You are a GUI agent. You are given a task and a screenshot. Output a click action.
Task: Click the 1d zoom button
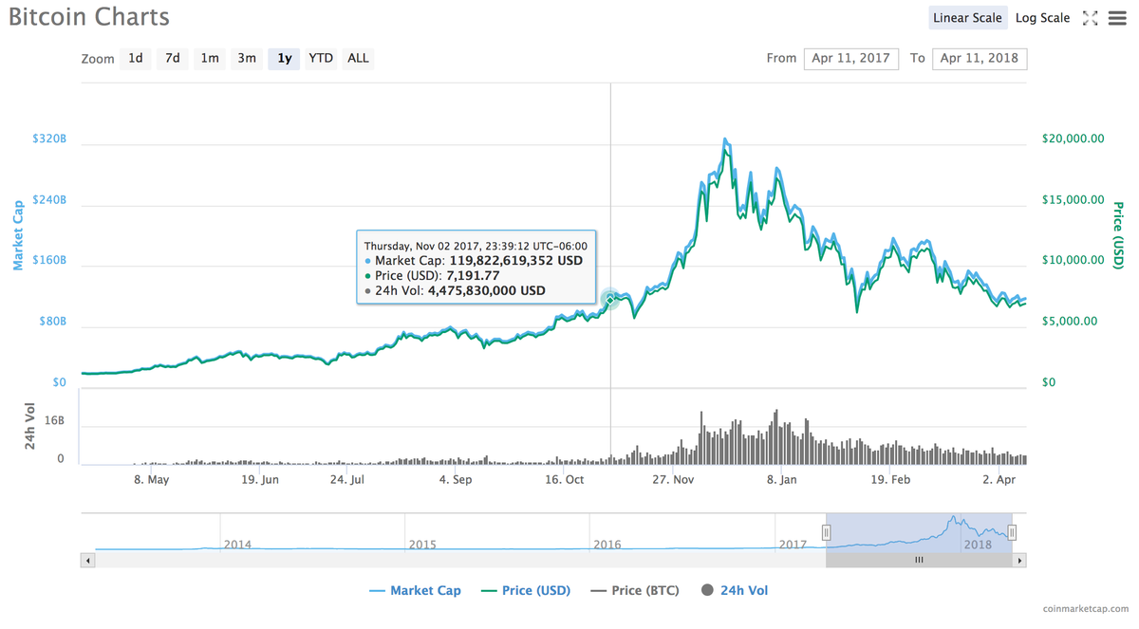tap(136, 58)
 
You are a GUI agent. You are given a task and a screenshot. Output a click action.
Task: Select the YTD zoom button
tap(321, 58)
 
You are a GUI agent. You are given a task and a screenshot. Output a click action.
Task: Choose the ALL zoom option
tap(358, 58)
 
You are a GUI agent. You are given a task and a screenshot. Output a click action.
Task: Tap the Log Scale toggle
tap(1042, 18)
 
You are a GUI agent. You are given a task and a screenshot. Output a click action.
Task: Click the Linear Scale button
tap(967, 18)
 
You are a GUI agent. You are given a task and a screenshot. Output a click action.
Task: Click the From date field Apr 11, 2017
tap(850, 58)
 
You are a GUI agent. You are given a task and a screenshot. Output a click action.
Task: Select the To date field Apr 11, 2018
tap(979, 58)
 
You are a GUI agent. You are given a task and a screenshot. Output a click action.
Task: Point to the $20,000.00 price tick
tap(1073, 139)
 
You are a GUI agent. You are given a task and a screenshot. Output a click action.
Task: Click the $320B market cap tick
tap(49, 139)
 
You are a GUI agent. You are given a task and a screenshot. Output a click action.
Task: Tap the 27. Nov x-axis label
tap(672, 480)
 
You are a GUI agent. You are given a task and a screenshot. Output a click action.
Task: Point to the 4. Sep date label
tap(455, 480)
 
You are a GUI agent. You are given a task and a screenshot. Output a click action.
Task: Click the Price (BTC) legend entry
tap(635, 590)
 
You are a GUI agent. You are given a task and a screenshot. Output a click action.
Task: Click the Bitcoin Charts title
tap(89, 17)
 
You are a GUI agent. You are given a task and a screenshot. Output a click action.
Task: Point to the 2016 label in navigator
tap(607, 545)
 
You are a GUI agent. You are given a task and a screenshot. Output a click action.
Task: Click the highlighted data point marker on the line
tap(610, 299)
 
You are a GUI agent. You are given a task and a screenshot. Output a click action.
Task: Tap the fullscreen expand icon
tap(1090, 18)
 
